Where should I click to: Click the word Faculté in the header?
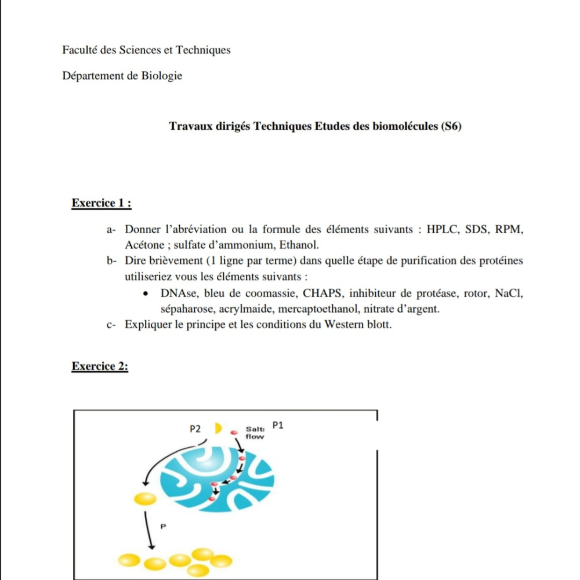click(79, 50)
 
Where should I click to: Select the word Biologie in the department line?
click(162, 75)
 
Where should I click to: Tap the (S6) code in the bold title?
click(451, 126)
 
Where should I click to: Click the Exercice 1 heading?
click(101, 204)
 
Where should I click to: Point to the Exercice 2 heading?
click(100, 367)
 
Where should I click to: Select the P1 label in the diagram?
click(278, 425)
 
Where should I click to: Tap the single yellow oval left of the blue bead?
click(145, 498)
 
